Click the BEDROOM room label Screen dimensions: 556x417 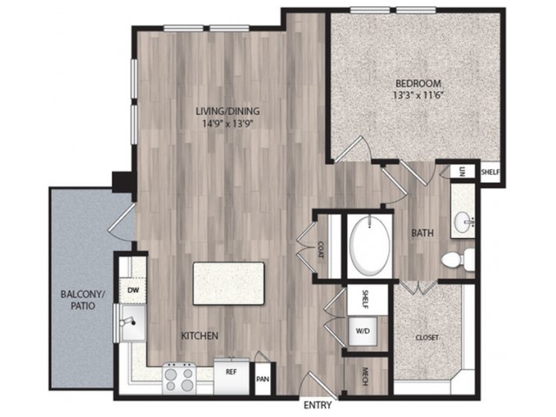419,83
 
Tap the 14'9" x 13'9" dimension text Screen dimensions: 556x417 228,123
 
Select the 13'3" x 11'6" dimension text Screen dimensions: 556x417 419,96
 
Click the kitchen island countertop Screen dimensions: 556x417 228,283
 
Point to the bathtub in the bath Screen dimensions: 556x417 369,245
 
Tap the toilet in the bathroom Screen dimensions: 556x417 458,259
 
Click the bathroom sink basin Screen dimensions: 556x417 464,222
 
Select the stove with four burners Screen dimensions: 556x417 180,379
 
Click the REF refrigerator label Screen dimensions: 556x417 231,372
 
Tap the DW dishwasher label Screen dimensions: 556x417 133,290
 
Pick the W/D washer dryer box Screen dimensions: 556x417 363,331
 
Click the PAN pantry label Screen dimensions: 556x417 262,379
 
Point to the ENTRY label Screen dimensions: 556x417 318,405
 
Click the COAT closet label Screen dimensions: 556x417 321,249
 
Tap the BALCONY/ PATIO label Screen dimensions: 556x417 83,300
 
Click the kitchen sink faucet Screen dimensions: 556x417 128,321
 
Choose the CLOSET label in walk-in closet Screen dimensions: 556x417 427,338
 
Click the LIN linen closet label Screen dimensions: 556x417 461,172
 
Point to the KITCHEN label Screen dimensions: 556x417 200,335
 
